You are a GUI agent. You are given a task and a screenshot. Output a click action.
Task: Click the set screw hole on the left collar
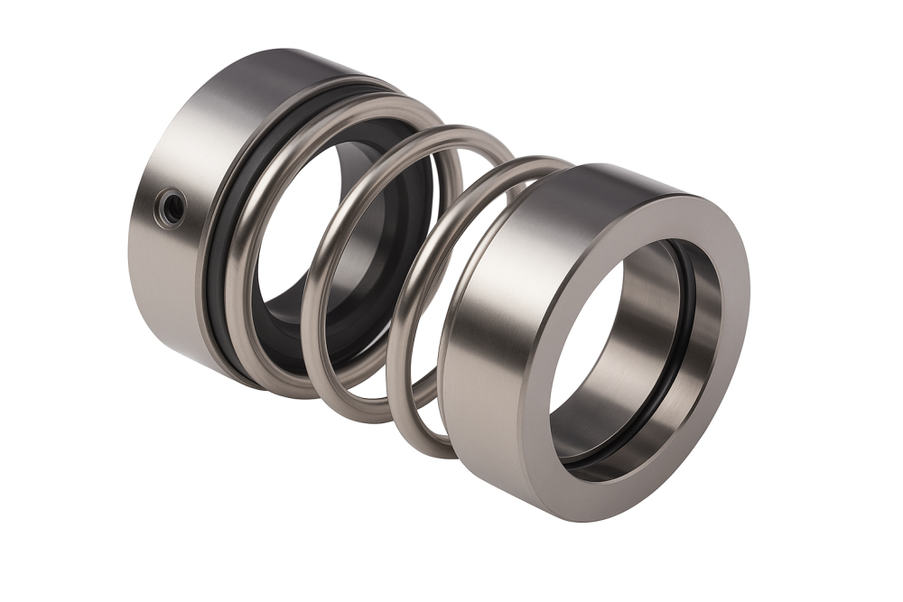click(x=170, y=206)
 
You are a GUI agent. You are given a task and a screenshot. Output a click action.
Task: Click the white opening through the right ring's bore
click(x=587, y=343)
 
